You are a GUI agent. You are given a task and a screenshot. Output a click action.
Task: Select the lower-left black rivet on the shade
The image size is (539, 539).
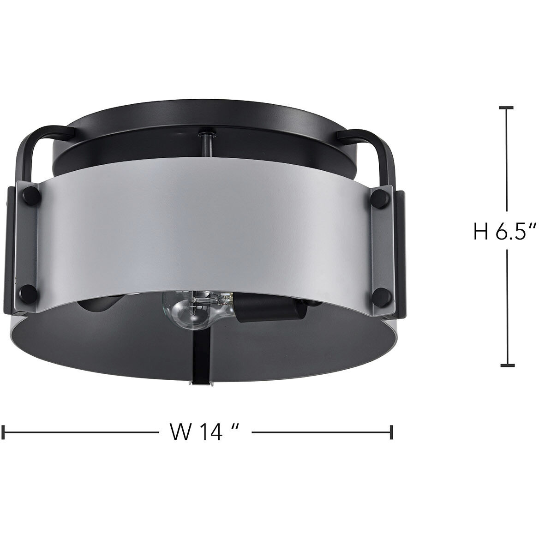pyautogui.click(x=28, y=293)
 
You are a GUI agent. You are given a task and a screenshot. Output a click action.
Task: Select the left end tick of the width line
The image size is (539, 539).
pyautogui.click(x=4, y=432)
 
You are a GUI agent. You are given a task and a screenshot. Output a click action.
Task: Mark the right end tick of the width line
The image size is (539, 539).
pyautogui.click(x=392, y=432)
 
